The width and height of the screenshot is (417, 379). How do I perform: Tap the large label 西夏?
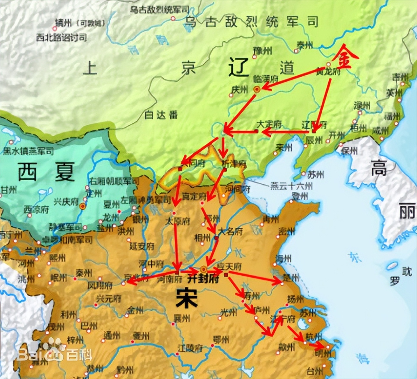(46, 172)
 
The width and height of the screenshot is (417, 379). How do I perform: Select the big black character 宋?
(187, 298)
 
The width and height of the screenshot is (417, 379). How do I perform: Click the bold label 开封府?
(203, 279)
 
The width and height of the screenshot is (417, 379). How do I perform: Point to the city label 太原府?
(177, 221)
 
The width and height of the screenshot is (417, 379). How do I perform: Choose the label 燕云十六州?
(291, 186)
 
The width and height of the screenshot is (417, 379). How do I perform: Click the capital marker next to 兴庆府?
(83, 206)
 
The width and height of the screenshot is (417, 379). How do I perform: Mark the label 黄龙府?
(328, 72)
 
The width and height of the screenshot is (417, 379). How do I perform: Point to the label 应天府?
(229, 266)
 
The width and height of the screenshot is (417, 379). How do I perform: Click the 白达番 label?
(161, 115)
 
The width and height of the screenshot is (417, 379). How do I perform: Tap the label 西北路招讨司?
(61, 38)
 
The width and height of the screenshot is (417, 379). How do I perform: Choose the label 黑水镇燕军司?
(28, 151)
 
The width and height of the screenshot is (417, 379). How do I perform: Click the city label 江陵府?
(190, 348)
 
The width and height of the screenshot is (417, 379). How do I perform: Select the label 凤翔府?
(100, 285)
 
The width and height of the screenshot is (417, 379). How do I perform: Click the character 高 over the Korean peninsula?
(379, 168)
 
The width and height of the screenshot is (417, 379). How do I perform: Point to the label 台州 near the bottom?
(315, 371)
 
